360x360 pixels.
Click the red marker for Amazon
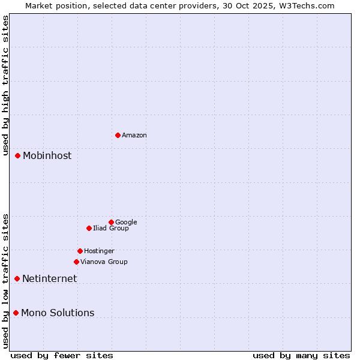point(118,135)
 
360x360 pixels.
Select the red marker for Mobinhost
point(17,155)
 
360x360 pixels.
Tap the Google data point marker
point(111,222)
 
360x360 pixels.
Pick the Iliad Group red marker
point(89,228)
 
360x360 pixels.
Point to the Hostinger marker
point(80,251)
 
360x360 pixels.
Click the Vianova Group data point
point(76,262)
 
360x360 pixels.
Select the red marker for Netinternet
point(17,278)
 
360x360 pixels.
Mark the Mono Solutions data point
point(16,313)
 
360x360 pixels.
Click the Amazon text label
point(134,136)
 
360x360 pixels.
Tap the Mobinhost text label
point(47,156)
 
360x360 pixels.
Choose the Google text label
point(126,223)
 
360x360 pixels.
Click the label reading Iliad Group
point(111,229)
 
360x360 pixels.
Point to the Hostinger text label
point(99,251)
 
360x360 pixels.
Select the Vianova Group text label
point(104,262)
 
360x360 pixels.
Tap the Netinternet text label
point(49,279)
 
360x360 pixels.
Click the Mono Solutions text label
point(58,313)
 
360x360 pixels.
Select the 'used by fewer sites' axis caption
point(62,355)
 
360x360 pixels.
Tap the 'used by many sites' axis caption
point(301,355)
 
